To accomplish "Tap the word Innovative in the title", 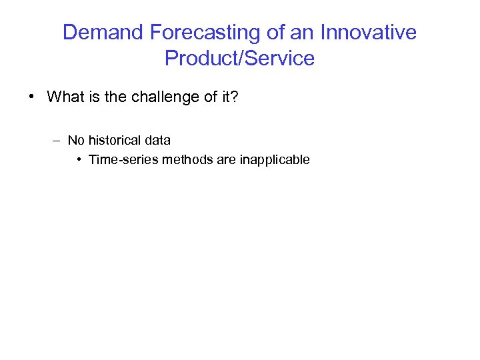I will (x=369, y=33).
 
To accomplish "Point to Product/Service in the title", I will (x=239, y=59).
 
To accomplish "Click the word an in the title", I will (x=301, y=33).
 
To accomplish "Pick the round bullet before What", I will (x=32, y=97).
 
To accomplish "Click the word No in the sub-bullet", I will (x=76, y=141).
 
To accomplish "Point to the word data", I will (x=158, y=141).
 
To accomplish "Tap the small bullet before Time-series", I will (x=79, y=160).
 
